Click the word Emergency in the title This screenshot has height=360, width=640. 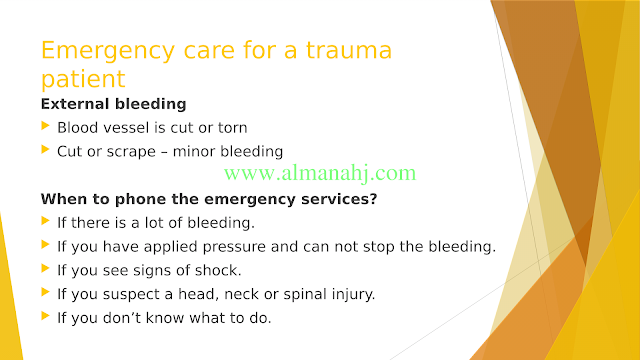(108, 52)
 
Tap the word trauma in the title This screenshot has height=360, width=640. (349, 50)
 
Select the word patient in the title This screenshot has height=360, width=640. (83, 80)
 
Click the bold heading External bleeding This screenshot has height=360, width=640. (113, 104)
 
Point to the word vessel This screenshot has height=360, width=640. (126, 128)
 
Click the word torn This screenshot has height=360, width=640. (232, 128)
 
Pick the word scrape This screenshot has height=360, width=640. (131, 152)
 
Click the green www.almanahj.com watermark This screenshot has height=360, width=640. (320, 173)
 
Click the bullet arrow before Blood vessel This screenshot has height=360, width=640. (45, 126)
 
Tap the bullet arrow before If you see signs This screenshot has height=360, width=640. (45, 269)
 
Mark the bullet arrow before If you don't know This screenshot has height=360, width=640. (45, 316)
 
